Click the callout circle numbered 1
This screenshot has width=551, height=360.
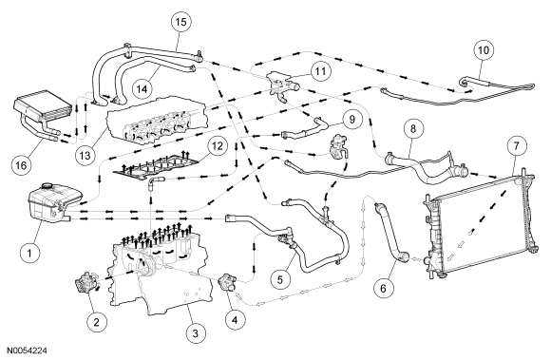click(29, 253)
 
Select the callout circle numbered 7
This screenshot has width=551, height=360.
click(516, 145)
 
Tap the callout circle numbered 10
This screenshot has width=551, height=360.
click(484, 50)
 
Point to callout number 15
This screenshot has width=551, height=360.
click(180, 22)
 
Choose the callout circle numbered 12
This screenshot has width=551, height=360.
click(218, 145)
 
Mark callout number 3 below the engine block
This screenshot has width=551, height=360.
click(195, 332)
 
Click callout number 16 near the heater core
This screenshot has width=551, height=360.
click(22, 164)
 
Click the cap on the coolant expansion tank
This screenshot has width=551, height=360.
click(47, 186)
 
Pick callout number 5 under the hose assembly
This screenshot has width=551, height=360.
click(280, 279)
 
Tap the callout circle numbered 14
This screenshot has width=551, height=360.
click(142, 89)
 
